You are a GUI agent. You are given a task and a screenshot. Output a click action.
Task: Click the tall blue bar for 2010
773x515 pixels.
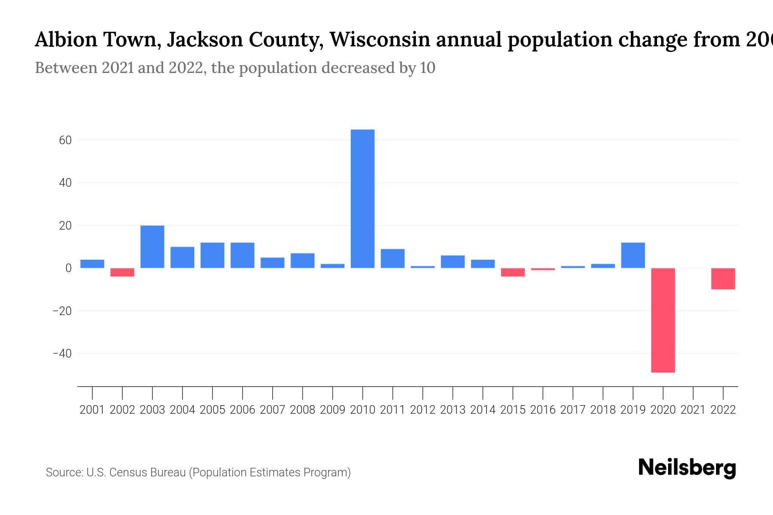362,199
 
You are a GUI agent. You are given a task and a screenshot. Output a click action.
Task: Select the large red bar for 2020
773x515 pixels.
663,320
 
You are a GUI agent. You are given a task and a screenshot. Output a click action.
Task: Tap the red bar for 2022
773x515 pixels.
723,279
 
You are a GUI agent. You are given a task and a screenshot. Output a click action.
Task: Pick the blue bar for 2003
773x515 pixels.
152,247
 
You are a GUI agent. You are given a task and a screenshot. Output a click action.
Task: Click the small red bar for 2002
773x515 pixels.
122,272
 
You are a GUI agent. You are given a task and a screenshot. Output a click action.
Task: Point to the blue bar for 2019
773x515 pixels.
633,255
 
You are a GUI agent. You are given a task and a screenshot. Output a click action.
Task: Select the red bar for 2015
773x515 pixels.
513,272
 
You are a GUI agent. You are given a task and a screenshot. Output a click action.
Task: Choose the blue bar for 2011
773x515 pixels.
393,258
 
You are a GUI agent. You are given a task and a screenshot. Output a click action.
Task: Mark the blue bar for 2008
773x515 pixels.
302,261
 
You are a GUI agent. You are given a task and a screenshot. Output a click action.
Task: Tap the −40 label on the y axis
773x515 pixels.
62,354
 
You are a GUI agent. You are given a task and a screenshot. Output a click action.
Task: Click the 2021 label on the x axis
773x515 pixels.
693,410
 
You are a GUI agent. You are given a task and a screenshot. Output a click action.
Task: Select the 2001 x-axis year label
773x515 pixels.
92,410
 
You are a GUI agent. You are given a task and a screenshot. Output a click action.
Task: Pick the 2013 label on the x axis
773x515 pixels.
453,410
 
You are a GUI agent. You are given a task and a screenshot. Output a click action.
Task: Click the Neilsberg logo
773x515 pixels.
687,468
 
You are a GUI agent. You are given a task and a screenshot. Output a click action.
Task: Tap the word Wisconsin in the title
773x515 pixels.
380,39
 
